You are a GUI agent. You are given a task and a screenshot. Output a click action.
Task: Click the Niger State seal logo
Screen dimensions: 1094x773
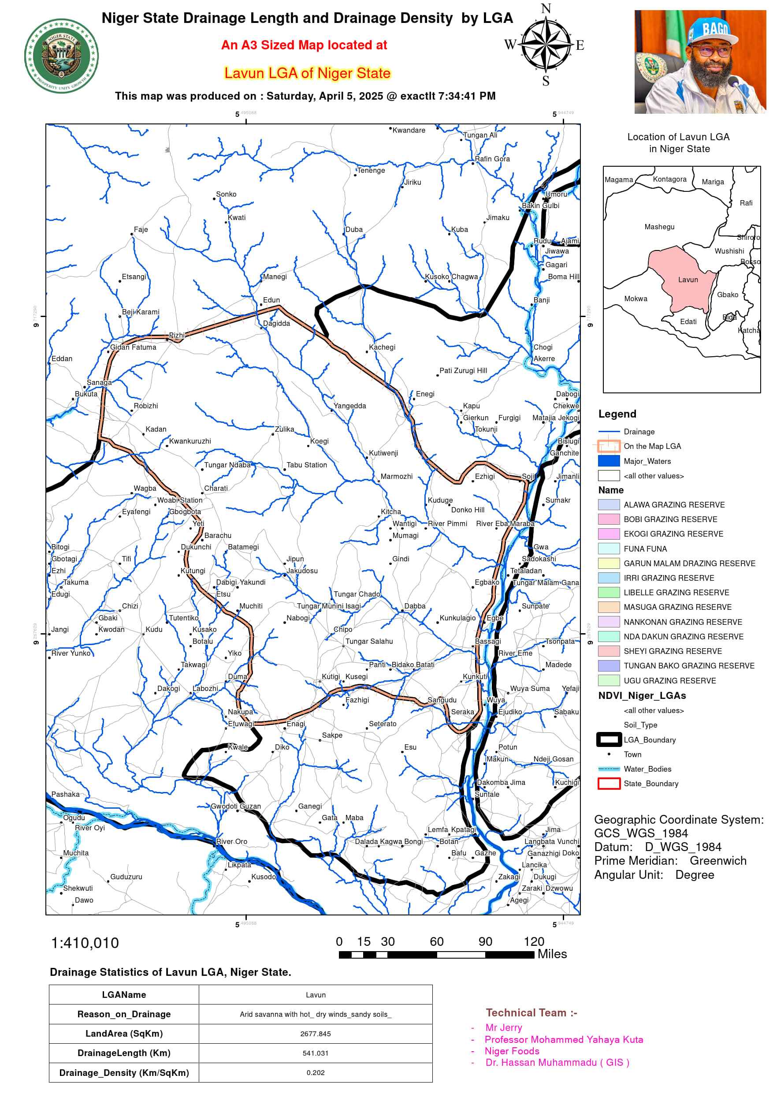[61, 56]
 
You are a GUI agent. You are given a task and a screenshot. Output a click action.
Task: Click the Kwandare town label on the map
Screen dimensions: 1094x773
[408, 130]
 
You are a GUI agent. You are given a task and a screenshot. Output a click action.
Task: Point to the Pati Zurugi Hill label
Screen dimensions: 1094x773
[463, 370]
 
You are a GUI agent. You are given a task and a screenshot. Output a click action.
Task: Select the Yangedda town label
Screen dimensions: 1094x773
[349, 406]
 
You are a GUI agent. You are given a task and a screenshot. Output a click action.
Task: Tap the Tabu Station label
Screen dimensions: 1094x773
[307, 465]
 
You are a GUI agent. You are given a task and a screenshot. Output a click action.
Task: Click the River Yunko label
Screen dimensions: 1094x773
[71, 653]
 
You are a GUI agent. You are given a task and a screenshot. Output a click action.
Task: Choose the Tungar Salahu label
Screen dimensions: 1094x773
[369, 641]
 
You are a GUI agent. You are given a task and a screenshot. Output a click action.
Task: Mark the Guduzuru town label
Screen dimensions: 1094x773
[126, 877]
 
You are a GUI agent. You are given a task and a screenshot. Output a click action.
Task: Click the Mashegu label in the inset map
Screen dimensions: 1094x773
[659, 227]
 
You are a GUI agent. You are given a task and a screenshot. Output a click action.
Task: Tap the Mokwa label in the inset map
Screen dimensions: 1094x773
[635, 299]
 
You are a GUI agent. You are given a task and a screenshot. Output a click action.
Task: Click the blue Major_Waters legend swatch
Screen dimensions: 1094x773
[609, 461]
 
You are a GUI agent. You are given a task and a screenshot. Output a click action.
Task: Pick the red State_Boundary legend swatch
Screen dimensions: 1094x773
[609, 783]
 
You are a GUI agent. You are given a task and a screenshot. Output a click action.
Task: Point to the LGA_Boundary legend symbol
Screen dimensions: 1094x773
[609, 739]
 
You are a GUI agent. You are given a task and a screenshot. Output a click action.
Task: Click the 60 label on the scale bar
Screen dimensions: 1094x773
[436, 941]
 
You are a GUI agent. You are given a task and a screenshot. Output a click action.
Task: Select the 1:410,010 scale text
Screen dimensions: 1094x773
[85, 943]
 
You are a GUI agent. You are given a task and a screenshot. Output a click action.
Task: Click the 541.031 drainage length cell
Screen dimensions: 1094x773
[315, 1053]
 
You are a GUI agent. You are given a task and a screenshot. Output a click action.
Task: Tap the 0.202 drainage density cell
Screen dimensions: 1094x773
[315, 1072]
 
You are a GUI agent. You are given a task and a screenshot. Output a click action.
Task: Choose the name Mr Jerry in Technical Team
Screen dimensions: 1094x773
[503, 1027]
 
